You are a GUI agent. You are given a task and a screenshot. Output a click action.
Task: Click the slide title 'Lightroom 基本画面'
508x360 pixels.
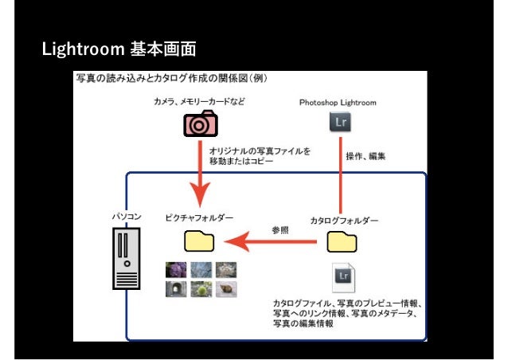click(119, 49)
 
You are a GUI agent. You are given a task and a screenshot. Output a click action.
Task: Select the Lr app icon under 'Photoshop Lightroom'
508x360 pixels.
click(340, 122)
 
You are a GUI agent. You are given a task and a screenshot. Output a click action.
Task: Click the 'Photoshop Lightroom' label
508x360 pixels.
click(338, 103)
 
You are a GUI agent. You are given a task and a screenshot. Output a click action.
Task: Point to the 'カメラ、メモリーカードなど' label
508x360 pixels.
click(200, 103)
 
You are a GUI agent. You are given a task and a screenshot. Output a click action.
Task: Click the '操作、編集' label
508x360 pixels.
click(365, 157)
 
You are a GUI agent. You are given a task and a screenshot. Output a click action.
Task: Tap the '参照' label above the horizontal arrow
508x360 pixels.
click(279, 229)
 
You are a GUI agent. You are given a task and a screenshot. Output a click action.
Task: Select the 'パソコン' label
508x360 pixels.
click(127, 216)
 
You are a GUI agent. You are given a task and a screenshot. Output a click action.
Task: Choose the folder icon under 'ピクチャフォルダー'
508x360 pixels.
click(199, 241)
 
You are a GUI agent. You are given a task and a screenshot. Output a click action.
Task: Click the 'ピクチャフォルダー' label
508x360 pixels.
click(199, 217)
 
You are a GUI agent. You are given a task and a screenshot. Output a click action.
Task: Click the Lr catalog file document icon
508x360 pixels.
click(343, 277)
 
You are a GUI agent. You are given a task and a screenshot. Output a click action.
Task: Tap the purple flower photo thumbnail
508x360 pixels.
click(175, 270)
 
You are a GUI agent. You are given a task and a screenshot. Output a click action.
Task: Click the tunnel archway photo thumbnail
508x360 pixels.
click(175, 289)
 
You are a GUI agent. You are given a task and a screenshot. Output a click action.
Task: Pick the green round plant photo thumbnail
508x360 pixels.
click(201, 289)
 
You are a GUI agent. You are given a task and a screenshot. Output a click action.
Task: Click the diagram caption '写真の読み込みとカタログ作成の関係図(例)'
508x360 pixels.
click(171, 79)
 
